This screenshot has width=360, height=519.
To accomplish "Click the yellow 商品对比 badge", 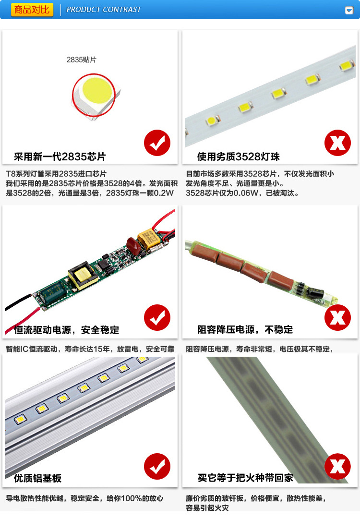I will pos(32,10).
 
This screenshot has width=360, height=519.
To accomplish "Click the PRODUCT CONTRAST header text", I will pos(104,10).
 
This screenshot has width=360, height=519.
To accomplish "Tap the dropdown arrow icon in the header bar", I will pos(349,10).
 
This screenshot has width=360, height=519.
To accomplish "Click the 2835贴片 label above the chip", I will pos(82,60).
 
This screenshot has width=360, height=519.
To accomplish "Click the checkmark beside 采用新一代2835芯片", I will pos(157,143).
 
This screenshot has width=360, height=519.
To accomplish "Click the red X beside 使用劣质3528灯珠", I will pos(337,143).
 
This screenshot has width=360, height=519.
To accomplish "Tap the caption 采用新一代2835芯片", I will pos(60,157).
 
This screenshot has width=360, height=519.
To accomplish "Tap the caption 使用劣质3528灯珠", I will pos(239,157).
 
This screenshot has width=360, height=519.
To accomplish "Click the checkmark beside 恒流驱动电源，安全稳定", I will pos(157,317).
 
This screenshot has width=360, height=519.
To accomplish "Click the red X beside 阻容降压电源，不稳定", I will pos(337,317).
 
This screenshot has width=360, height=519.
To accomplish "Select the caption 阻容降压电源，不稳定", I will pos(245,330).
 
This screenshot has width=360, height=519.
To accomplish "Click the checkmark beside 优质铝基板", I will pos(157,466).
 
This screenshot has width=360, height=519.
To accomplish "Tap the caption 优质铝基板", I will pos(38,478).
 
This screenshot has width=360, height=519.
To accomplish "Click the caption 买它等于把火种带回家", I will pos(245,478).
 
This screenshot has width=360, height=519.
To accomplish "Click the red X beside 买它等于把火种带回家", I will pos(337,466).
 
